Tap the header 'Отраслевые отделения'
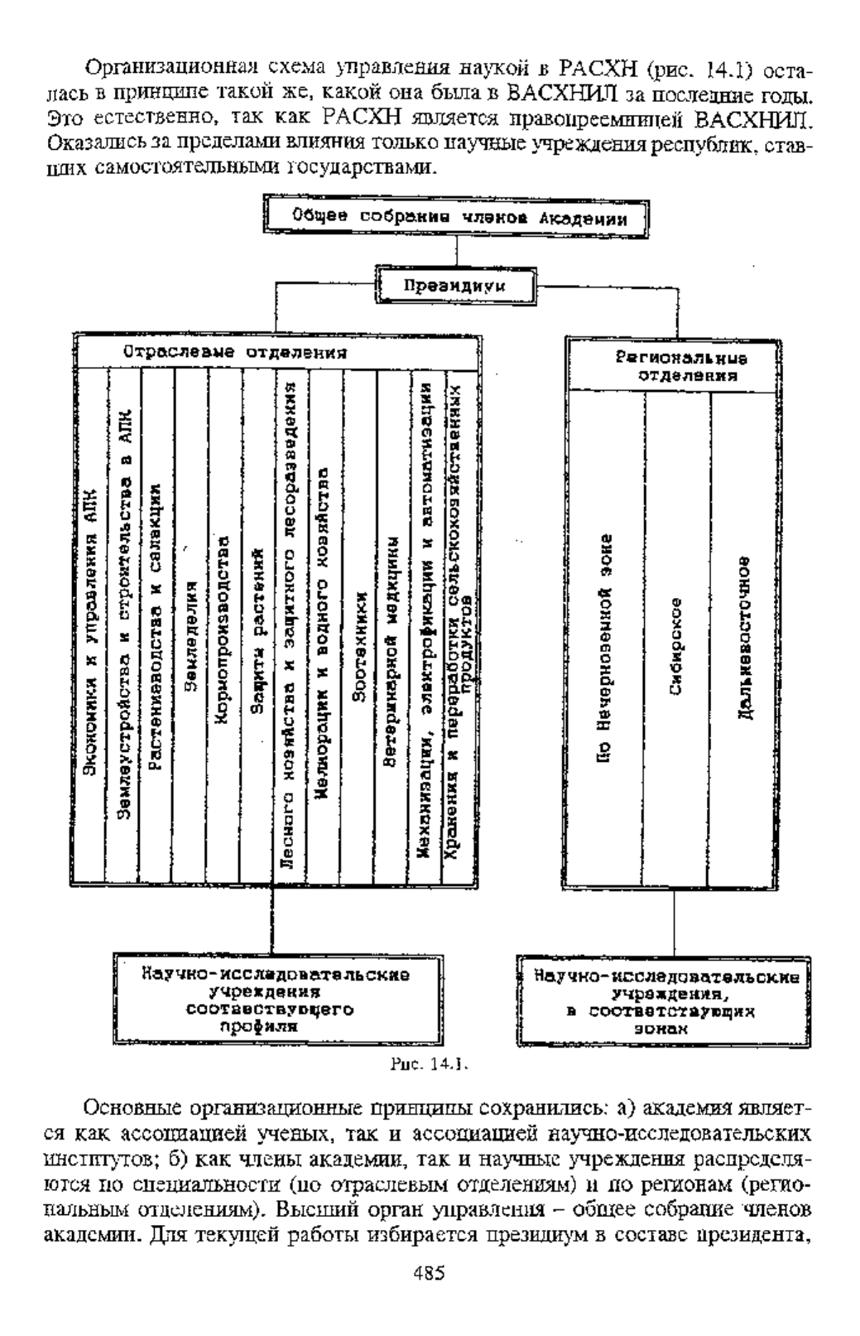point(235,353)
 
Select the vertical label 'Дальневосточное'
point(744,638)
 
